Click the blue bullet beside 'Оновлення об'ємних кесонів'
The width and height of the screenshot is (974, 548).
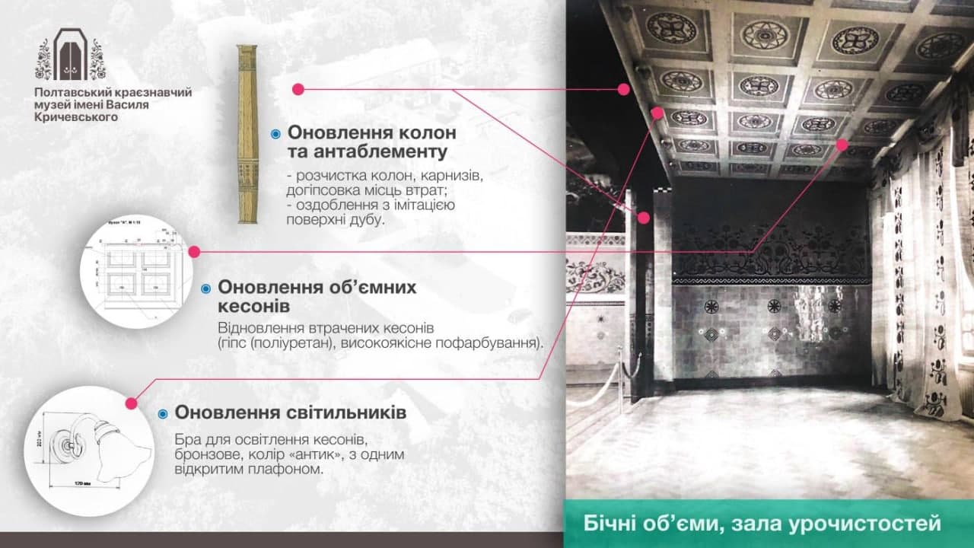(205, 288)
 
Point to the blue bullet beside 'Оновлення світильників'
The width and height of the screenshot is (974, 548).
(163, 414)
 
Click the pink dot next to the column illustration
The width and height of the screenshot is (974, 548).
(298, 90)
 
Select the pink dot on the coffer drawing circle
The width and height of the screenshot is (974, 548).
(194, 251)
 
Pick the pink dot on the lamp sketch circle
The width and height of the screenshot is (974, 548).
(131, 403)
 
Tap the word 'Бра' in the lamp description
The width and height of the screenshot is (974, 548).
(186, 441)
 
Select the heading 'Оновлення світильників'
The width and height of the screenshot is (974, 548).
(290, 413)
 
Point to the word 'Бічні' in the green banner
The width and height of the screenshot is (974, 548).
(608, 524)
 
